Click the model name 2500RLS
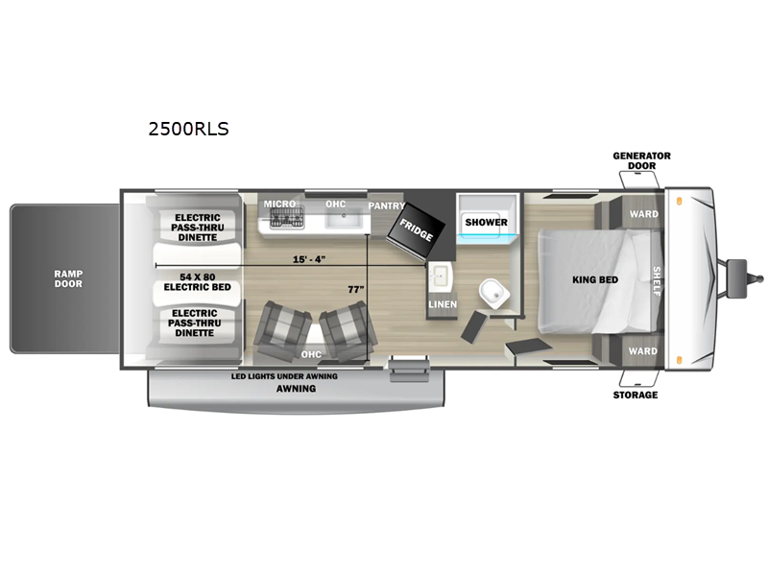click(188, 129)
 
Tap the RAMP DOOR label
click(68, 278)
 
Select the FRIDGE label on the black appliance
click(417, 229)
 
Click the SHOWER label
click(487, 222)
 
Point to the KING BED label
click(595, 279)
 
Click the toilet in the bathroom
click(494, 293)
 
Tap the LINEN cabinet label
click(443, 304)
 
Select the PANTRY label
click(387, 205)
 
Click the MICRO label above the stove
click(279, 204)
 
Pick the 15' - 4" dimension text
click(309, 259)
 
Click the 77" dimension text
click(356, 290)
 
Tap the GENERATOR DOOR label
click(641, 160)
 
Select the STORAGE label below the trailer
click(636, 395)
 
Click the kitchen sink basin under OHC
click(344, 220)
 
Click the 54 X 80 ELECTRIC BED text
click(198, 282)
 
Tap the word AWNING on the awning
click(296, 389)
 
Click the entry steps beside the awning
click(409, 370)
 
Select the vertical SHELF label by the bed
click(657, 281)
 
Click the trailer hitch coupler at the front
click(743, 278)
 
